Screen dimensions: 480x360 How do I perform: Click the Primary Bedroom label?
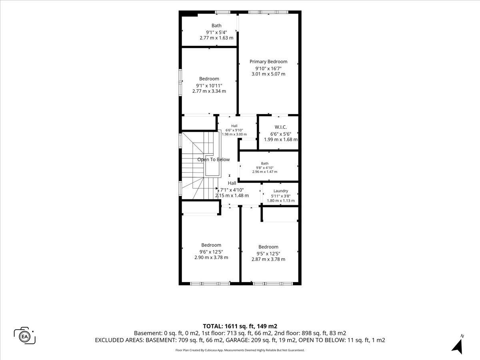point(268,62)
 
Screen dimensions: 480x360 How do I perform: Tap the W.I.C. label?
point(280,127)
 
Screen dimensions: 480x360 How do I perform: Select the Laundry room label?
point(281,191)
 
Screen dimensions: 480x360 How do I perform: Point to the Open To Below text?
point(214,160)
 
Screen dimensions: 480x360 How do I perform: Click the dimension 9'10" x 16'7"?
point(268,68)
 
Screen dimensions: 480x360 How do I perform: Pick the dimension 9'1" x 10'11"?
point(209,86)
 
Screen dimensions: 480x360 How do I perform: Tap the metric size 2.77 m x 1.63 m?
point(216,38)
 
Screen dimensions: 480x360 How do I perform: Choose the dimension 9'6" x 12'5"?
point(211,252)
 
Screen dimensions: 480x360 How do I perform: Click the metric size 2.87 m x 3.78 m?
point(268,259)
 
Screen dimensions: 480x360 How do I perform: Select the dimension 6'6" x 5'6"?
point(281,134)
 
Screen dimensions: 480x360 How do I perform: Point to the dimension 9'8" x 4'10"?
point(265,168)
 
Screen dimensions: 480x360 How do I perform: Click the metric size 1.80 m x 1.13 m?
point(281,200)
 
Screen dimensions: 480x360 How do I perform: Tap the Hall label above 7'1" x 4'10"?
point(232,183)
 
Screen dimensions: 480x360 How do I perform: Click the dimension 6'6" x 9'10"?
point(234,130)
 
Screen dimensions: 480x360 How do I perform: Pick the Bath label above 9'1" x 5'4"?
point(216,26)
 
